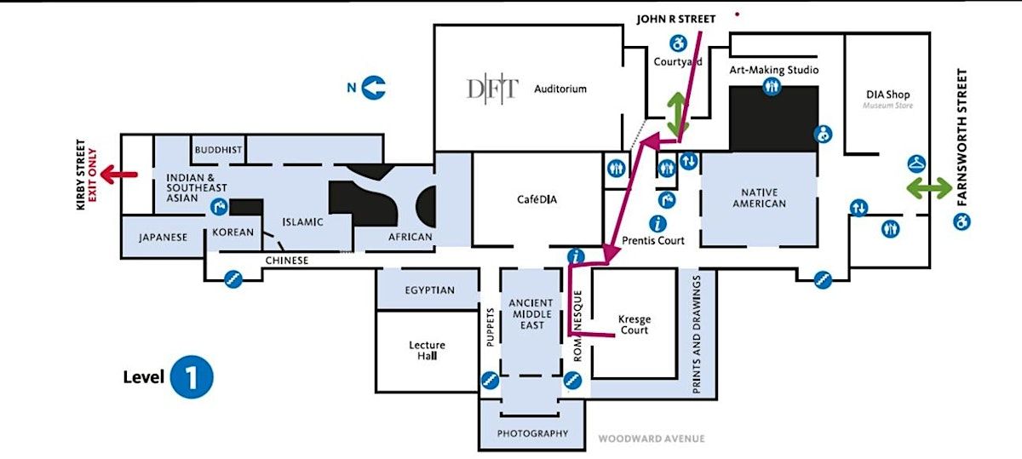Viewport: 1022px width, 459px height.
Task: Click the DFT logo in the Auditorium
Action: pyautogui.click(x=491, y=89)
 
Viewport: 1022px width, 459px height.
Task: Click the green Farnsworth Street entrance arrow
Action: pyautogui.click(x=929, y=189)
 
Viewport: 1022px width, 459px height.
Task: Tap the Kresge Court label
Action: pyautogui.click(x=634, y=324)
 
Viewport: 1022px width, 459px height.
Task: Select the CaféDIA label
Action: pyautogui.click(x=537, y=200)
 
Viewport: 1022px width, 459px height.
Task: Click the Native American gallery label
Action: pyautogui.click(x=758, y=198)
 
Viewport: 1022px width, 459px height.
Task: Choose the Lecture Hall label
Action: pyautogui.click(x=427, y=350)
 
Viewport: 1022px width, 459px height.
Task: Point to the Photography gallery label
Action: pyautogui.click(x=532, y=433)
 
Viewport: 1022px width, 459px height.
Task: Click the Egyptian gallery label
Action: pyautogui.click(x=429, y=290)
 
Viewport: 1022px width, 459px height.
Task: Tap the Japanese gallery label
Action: pyautogui.click(x=163, y=238)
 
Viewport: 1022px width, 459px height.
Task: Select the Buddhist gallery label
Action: pyautogui.click(x=218, y=150)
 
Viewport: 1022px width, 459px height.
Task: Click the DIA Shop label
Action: pyautogui.click(x=887, y=95)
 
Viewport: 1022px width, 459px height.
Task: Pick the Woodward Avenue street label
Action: pyautogui.click(x=651, y=439)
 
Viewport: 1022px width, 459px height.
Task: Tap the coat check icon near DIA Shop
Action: pyautogui.click(x=917, y=163)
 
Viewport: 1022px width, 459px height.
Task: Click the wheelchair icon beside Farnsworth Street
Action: pyautogui.click(x=964, y=222)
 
